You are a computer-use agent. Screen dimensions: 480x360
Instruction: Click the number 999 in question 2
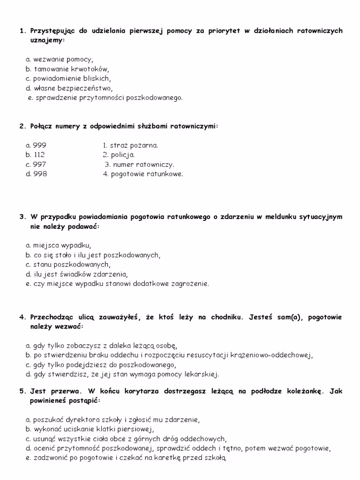coord(40,145)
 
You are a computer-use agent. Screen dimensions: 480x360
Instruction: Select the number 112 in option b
coord(39,155)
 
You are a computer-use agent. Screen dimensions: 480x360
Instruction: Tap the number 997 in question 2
coord(40,165)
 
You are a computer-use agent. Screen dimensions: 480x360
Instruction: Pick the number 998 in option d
coord(40,174)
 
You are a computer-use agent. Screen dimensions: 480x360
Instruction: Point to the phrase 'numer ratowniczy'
coord(143,165)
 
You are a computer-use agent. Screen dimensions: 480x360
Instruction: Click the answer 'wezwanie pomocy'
coord(63,60)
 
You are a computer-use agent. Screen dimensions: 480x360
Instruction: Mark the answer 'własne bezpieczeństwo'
coord(73,88)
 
